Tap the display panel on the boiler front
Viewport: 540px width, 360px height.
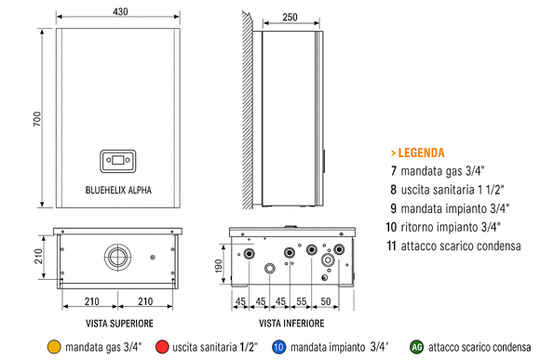(118, 159)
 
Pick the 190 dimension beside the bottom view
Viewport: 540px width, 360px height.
(219, 267)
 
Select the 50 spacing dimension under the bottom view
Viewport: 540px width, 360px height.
(326, 302)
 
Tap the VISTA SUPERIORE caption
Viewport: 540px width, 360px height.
(118, 323)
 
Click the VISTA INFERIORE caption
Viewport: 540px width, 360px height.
(291, 323)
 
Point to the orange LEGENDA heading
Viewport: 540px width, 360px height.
(416, 153)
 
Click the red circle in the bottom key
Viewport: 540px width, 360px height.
(163, 347)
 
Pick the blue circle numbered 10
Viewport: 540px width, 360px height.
(278, 347)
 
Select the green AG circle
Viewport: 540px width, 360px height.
(418, 347)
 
